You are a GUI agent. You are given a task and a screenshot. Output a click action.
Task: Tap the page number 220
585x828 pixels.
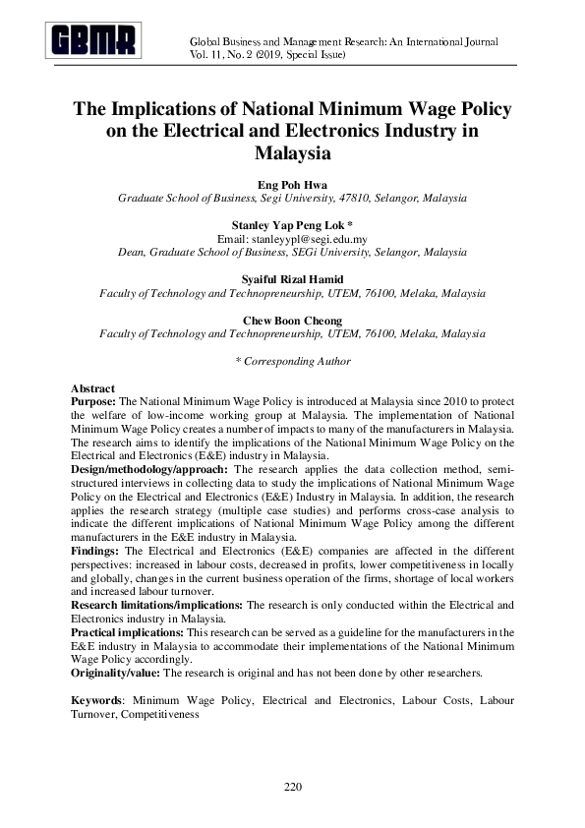(292, 787)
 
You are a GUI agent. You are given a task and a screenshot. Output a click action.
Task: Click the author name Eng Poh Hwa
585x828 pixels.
(292, 184)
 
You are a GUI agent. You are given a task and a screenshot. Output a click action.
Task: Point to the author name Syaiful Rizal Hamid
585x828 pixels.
(292, 280)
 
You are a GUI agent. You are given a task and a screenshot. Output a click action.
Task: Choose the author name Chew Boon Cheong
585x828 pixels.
(292, 321)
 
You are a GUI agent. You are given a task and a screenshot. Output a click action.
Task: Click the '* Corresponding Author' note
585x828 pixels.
(292, 361)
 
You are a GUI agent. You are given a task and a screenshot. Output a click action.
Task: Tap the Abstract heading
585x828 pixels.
(93, 389)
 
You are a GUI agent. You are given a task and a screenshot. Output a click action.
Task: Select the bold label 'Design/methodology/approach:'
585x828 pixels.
(148, 470)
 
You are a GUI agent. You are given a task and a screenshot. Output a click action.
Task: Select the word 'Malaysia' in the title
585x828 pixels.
(292, 153)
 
